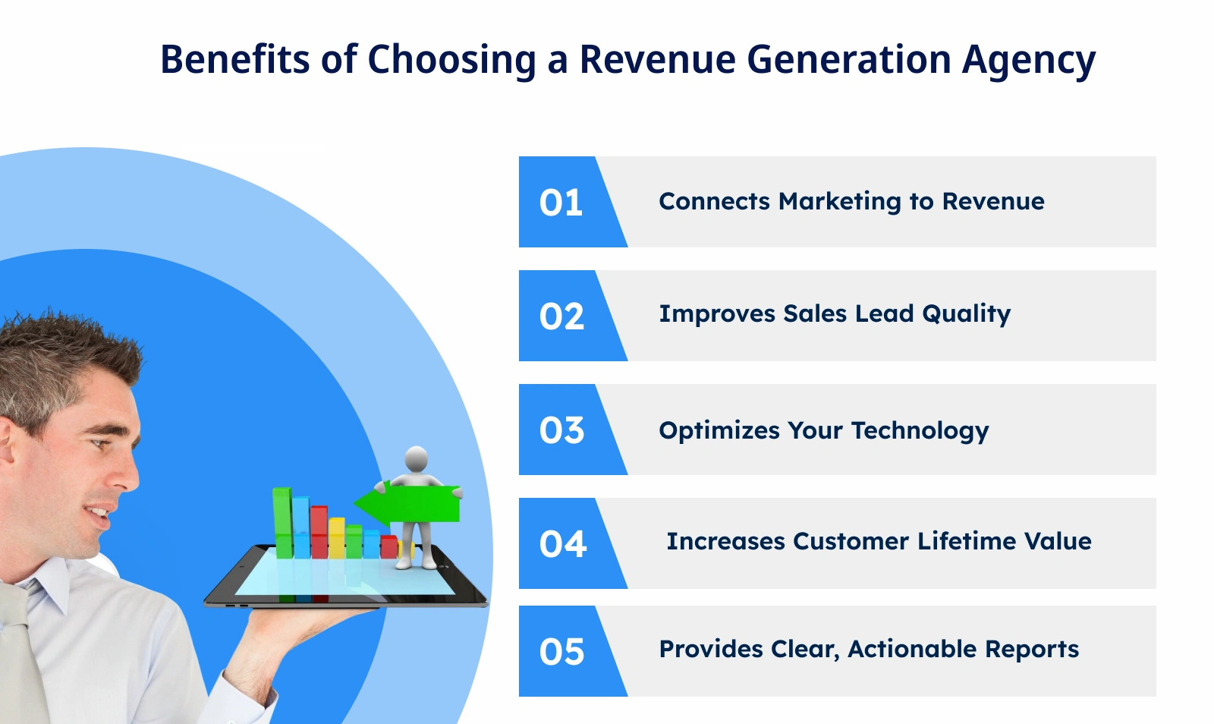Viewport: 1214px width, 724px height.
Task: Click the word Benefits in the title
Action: point(234,59)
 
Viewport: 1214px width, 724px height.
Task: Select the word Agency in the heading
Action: point(1029,61)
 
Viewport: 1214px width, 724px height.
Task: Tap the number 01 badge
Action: point(561,203)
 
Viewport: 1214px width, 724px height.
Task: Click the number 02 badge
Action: point(561,316)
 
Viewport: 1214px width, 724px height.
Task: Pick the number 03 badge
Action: point(561,430)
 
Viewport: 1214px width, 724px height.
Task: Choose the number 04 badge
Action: point(562,544)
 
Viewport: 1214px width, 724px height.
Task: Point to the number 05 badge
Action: point(561,652)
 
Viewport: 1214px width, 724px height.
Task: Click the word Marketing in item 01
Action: point(839,202)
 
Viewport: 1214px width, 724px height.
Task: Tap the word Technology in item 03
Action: point(920,431)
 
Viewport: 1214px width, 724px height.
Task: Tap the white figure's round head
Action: point(417,459)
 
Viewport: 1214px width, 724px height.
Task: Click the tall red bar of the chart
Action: point(319,531)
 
